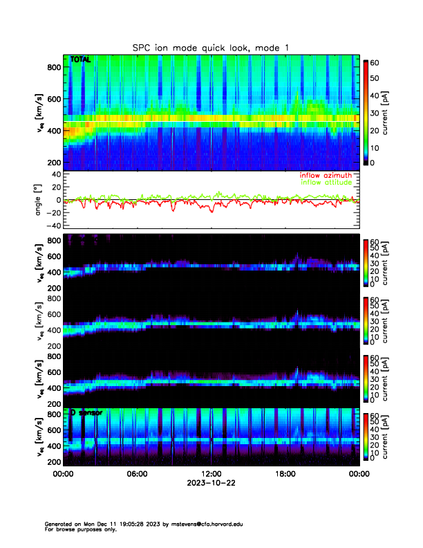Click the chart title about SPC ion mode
[211, 47]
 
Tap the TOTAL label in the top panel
[80, 60]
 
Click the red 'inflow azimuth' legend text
[326, 175]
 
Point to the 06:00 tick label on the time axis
[137, 474]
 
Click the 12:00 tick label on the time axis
[211, 474]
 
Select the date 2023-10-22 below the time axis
[211, 483]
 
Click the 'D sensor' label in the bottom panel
[86, 412]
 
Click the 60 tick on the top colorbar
[376, 62]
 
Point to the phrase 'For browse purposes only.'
[80, 529]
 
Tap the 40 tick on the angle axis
[57, 174]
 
